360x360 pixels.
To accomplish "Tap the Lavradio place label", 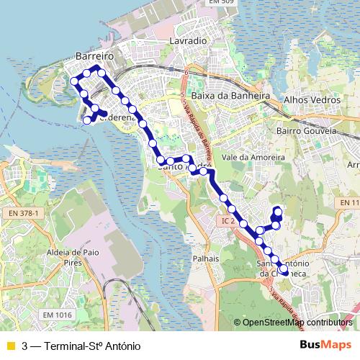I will [188, 42].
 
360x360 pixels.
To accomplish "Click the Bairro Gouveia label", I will [307, 132].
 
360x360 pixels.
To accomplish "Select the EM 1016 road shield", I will [58, 315].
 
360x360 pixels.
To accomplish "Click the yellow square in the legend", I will [10, 346].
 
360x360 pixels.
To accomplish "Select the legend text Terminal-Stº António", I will [92, 346].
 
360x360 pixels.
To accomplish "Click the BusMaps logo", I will [326, 345].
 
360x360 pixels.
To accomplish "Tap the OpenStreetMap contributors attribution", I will [297, 323].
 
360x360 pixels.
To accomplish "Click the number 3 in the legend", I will [26, 346].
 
